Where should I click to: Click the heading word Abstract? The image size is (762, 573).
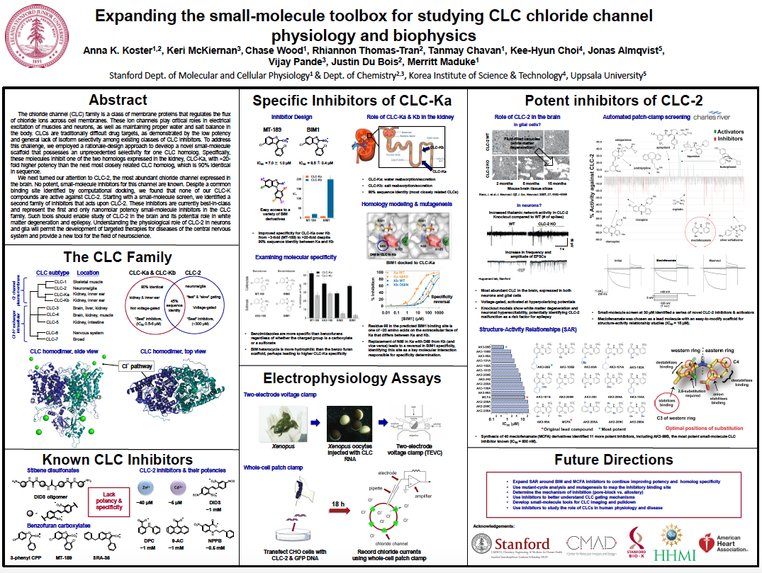pos(118,100)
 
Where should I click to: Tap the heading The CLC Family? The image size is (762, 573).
pos(117,257)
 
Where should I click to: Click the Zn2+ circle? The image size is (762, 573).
pos(145,488)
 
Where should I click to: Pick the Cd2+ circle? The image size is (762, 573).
pos(178,488)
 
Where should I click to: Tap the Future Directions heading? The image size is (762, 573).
pos(614,459)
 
